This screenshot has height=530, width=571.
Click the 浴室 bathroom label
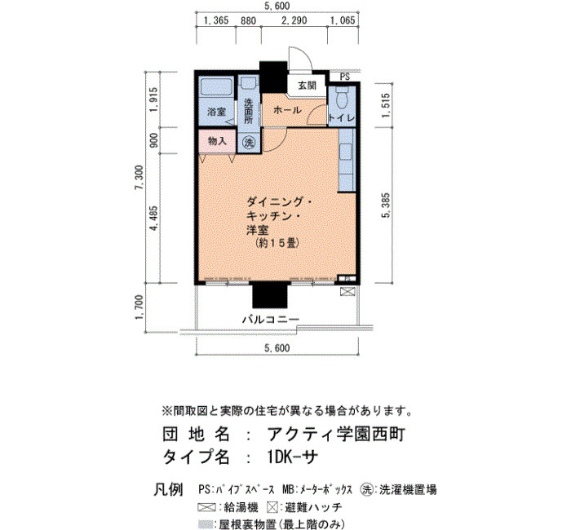(x=217, y=112)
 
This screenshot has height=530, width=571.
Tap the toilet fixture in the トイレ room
(x=342, y=97)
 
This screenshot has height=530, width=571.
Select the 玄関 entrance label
(x=307, y=86)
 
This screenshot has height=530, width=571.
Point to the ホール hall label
(x=287, y=109)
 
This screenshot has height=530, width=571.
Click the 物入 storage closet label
(x=217, y=141)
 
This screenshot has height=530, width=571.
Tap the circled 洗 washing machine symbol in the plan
(x=249, y=143)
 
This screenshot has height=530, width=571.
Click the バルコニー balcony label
(x=271, y=320)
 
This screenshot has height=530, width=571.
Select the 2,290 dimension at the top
(x=294, y=20)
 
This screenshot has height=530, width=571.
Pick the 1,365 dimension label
(x=216, y=20)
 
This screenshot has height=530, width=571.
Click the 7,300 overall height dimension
(x=139, y=178)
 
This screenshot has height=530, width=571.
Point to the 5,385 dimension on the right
(x=386, y=205)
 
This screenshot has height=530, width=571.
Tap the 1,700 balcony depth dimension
(x=139, y=307)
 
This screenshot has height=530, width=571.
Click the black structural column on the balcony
(x=270, y=295)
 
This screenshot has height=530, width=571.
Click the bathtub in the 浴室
(x=216, y=86)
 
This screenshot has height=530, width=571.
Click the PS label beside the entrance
(x=344, y=77)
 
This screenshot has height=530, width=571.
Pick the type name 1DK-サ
(x=291, y=457)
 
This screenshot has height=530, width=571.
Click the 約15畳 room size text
(x=277, y=243)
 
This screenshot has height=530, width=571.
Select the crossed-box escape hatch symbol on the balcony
(x=347, y=292)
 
